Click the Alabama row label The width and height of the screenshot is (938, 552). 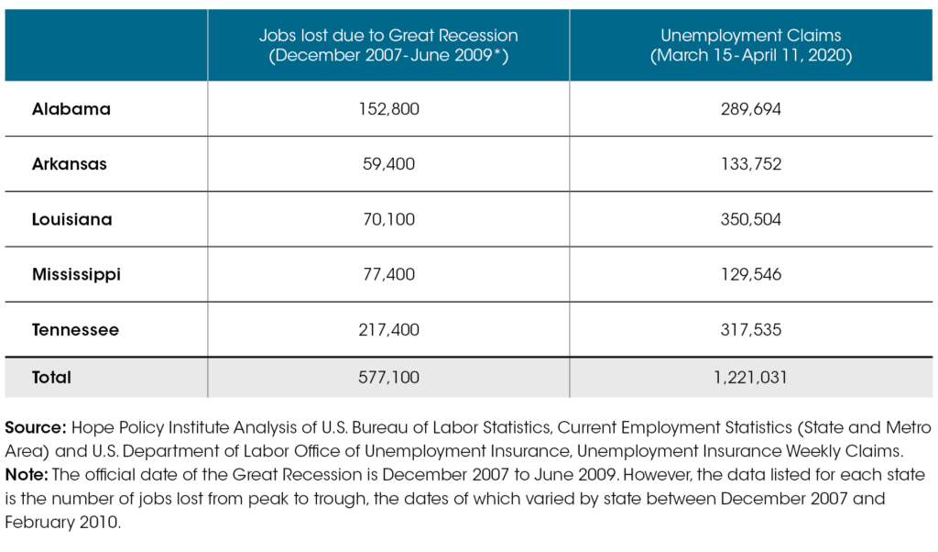(71, 109)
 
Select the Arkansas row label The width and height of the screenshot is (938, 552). (70, 164)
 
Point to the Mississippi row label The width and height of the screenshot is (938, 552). (76, 274)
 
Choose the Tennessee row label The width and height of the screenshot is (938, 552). (75, 329)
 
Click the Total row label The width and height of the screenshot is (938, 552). (51, 377)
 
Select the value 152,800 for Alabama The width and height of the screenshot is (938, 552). (388, 109)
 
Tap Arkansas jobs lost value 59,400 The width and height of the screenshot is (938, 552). (388, 164)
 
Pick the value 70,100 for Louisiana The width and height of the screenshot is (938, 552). (388, 220)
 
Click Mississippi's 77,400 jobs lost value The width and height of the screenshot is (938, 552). (388, 274)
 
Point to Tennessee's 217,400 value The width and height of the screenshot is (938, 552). (388, 329)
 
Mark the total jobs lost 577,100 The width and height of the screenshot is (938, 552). (388, 377)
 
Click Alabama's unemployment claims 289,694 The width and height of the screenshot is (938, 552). (751, 109)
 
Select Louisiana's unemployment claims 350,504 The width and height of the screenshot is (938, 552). (751, 220)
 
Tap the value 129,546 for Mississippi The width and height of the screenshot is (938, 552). (751, 274)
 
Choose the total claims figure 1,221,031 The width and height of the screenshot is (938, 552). (751, 377)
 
